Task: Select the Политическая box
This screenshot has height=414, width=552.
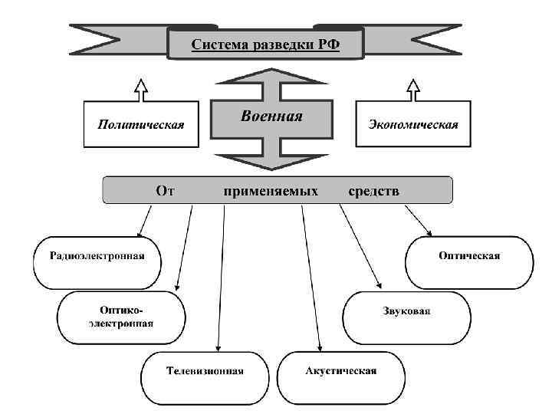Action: tap(140, 123)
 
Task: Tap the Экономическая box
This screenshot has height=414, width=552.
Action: tap(413, 123)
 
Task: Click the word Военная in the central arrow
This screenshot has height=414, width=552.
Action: tap(271, 117)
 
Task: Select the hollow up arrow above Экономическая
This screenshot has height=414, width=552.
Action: tap(414, 88)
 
